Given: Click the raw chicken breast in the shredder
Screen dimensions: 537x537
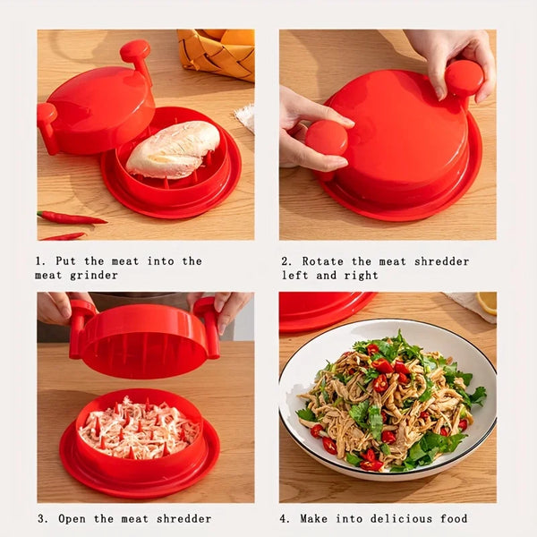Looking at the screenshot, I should click(173, 149).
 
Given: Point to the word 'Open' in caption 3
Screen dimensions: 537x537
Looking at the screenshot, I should click(76, 518).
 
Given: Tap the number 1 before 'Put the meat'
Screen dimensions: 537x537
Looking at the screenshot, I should click(39, 261).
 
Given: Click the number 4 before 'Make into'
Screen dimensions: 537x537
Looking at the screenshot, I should click(284, 518).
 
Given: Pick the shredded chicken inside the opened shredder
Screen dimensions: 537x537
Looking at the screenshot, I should click(139, 428).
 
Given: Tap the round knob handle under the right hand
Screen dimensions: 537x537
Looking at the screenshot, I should click(465, 78).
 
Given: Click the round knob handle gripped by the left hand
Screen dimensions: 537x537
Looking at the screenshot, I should click(327, 139).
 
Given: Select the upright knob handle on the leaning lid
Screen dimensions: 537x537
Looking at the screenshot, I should click(136, 55).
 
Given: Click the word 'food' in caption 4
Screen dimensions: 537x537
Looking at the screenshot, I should click(453, 518).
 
